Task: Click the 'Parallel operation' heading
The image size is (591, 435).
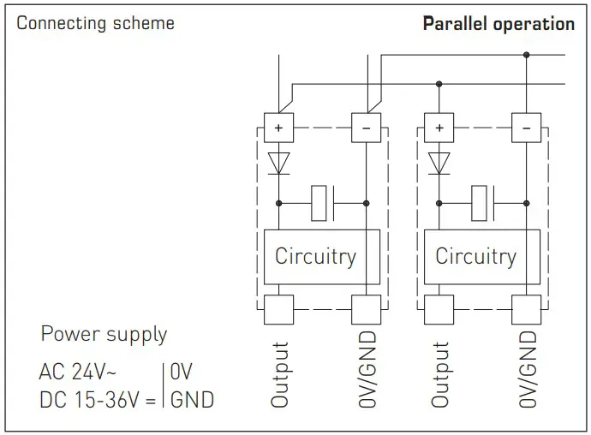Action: (498, 24)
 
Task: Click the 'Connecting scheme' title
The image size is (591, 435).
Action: (95, 23)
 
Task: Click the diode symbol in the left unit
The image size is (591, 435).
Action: (278, 163)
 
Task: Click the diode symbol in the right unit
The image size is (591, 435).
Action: (439, 163)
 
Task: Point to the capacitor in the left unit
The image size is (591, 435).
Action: (325, 204)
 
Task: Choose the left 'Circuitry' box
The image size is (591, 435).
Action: (314, 256)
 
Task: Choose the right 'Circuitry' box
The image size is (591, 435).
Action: (475, 256)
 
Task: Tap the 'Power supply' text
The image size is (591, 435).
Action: (104, 334)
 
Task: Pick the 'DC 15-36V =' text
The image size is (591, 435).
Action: (97, 399)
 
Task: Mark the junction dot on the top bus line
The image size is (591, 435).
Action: (526, 55)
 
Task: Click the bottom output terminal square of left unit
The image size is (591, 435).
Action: (278, 307)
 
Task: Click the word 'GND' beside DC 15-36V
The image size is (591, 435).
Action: (192, 399)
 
